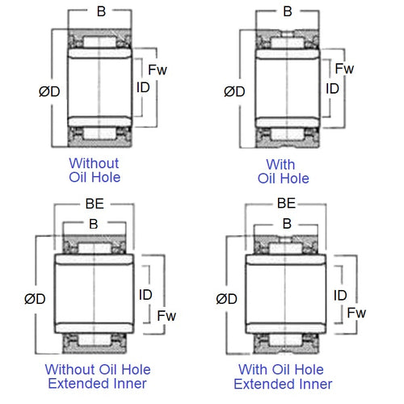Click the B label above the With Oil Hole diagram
point(288,12)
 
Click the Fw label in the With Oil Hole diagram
point(345,69)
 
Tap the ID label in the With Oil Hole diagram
point(332,88)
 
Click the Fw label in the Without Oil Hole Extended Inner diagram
point(165,314)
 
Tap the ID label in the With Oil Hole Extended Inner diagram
point(340,295)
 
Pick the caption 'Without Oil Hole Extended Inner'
point(98,376)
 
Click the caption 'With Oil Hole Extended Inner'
point(285,376)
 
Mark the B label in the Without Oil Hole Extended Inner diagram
point(94,225)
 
